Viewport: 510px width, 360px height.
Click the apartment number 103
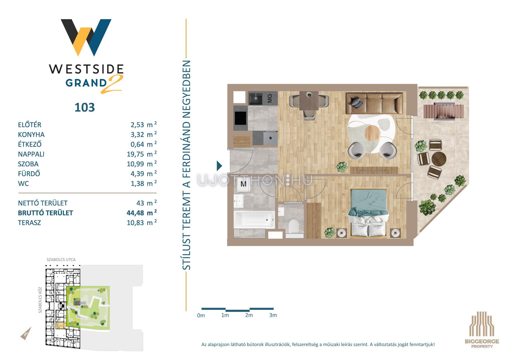pyautogui.click(x=84, y=108)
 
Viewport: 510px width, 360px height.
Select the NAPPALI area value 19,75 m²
pyautogui.click(x=142, y=154)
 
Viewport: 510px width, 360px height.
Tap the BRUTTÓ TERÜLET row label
pyautogui.click(x=45, y=213)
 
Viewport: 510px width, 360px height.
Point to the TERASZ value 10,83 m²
pyautogui.click(x=142, y=222)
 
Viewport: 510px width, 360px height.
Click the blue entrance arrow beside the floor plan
pyautogui.click(x=219, y=166)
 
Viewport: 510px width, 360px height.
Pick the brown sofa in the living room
pyautogui.click(x=374, y=103)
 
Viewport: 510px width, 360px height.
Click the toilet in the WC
pyautogui.click(x=294, y=226)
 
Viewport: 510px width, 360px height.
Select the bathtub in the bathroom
pyautogui.click(x=254, y=220)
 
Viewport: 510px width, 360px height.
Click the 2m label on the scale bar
pyautogui.click(x=249, y=315)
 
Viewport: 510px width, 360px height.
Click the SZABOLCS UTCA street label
pyautogui.click(x=61, y=260)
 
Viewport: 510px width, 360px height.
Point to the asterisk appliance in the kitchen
pyautogui.click(x=270, y=138)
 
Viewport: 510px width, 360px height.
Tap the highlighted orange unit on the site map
pyautogui.click(x=61, y=326)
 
